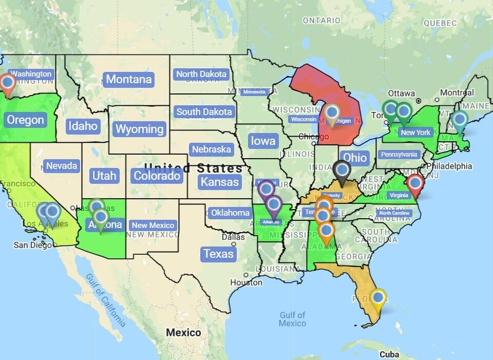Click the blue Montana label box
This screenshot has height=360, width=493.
(x=129, y=79)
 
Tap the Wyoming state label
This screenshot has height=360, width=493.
(x=139, y=129)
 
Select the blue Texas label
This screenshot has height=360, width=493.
(x=218, y=254)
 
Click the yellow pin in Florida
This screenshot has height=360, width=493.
(x=378, y=298)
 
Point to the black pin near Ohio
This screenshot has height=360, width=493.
(x=342, y=170)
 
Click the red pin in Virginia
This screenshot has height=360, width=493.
(x=414, y=183)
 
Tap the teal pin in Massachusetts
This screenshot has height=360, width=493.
(x=460, y=120)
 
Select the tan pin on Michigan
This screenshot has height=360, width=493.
(x=332, y=113)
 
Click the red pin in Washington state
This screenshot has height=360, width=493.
(x=7, y=83)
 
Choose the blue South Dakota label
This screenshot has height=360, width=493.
(x=204, y=111)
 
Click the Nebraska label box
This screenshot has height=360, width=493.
(x=211, y=149)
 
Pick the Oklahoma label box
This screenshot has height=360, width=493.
(x=230, y=212)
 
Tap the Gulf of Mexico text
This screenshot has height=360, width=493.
(x=293, y=319)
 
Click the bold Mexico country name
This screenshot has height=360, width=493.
(x=183, y=333)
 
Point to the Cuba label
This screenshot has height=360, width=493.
(x=389, y=354)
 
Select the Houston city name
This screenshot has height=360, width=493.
(x=246, y=282)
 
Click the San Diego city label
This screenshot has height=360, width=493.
(x=32, y=245)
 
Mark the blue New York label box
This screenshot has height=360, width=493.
(x=415, y=132)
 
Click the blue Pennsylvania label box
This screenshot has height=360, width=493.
(x=399, y=154)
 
